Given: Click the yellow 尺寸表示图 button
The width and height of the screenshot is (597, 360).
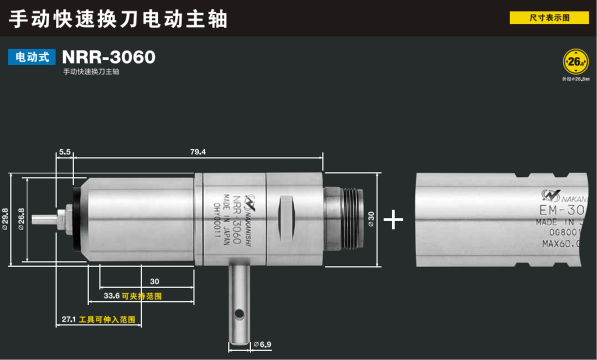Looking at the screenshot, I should [x=549, y=18].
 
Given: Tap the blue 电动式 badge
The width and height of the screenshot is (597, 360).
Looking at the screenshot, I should [x=32, y=57].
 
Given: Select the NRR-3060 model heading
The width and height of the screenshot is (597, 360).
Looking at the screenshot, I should [x=108, y=57].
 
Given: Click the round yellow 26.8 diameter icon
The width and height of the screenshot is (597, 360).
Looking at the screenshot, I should [x=575, y=62].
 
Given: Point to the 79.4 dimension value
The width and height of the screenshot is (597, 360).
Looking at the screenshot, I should [x=197, y=152].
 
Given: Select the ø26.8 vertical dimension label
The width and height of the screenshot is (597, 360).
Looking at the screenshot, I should [x=22, y=219].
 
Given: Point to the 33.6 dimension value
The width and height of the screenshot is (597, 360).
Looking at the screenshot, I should [x=112, y=296].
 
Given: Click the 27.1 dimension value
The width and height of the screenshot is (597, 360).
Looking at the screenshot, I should [x=69, y=320].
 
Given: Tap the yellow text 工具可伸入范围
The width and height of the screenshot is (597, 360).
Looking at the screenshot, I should [x=107, y=320].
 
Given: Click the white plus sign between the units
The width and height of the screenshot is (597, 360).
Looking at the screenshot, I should [x=393, y=220].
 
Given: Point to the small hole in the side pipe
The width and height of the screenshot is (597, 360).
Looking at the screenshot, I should [x=239, y=314].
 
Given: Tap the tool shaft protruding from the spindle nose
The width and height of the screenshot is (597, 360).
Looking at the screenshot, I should [x=44, y=219].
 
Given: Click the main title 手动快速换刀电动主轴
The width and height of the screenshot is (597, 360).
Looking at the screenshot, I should [x=118, y=19].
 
